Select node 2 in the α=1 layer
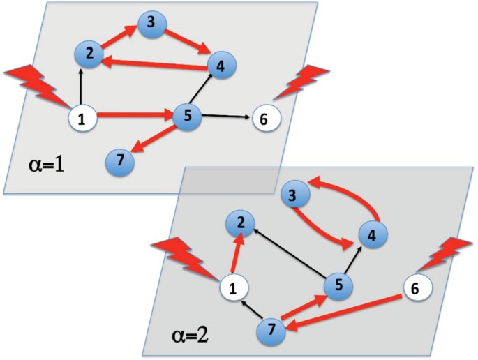tap(89, 54)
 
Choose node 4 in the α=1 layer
tap(221, 67)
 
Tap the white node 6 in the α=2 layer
tap(417, 286)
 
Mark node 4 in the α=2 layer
tap(373, 236)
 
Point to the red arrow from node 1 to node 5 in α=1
tap(133, 115)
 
